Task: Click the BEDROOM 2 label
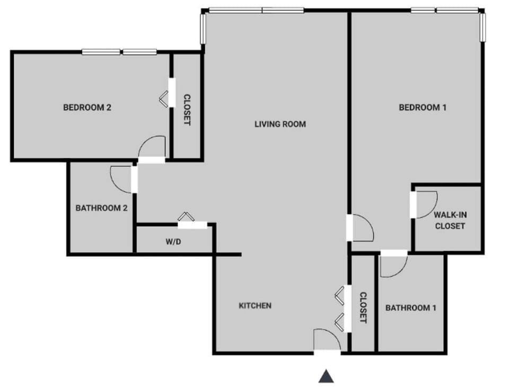tap(87, 107)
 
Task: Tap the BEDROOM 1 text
tap(422, 107)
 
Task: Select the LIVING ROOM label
tap(280, 124)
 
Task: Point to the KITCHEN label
tap(255, 305)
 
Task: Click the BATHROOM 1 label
tap(411, 308)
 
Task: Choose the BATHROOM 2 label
tap(101, 208)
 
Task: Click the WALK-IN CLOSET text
tap(450, 220)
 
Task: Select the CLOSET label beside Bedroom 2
tap(187, 110)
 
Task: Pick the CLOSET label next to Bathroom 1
tap(363, 308)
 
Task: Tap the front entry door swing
tap(326, 340)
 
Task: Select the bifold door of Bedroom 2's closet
tap(164, 99)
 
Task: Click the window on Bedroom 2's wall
tap(119, 51)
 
